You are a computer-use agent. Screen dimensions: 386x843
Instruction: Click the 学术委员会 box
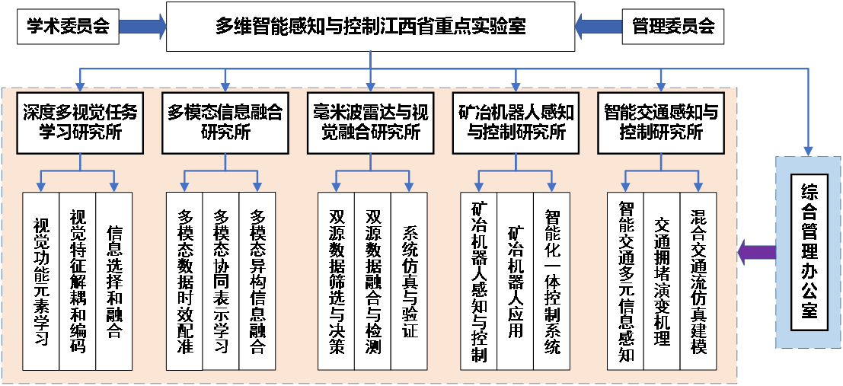69,27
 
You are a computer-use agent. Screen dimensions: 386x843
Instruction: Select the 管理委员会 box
673,27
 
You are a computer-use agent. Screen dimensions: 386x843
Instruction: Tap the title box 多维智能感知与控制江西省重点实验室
370,27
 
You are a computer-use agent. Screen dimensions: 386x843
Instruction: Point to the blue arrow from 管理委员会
599,27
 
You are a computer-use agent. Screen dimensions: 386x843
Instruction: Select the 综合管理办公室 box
809,252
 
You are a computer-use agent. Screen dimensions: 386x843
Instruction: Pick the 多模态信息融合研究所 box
225,122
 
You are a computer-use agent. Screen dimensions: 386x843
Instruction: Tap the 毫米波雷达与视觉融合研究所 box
370,122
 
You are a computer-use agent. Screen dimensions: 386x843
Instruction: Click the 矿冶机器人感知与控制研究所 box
516,122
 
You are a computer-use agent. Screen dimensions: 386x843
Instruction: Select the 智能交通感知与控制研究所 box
660,122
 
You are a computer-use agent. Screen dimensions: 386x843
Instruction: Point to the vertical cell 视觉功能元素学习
41,281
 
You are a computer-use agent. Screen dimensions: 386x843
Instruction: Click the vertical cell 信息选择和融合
114,281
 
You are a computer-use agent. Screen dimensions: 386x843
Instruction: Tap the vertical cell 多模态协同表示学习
222,281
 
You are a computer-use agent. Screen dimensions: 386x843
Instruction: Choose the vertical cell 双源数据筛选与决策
336,281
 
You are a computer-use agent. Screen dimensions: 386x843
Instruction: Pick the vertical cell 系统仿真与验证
409,281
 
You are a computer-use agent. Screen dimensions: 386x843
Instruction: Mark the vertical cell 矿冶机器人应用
516,281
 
